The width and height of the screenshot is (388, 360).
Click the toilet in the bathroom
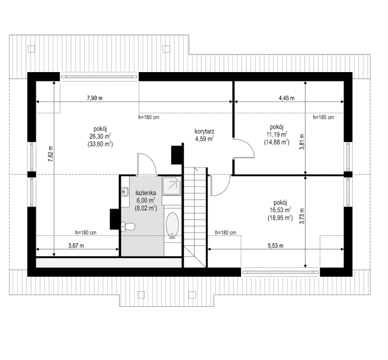click(128, 225)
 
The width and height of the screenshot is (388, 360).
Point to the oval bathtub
click(173, 226)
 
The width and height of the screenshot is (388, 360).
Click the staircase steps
click(196, 211)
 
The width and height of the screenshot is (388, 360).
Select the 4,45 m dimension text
click(286, 98)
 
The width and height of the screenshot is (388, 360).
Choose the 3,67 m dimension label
click(76, 245)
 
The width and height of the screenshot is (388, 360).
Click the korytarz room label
click(204, 132)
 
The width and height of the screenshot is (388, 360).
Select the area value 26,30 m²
click(100, 135)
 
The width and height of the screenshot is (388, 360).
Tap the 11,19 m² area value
click(276, 134)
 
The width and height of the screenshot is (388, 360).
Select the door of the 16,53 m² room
click(218, 184)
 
